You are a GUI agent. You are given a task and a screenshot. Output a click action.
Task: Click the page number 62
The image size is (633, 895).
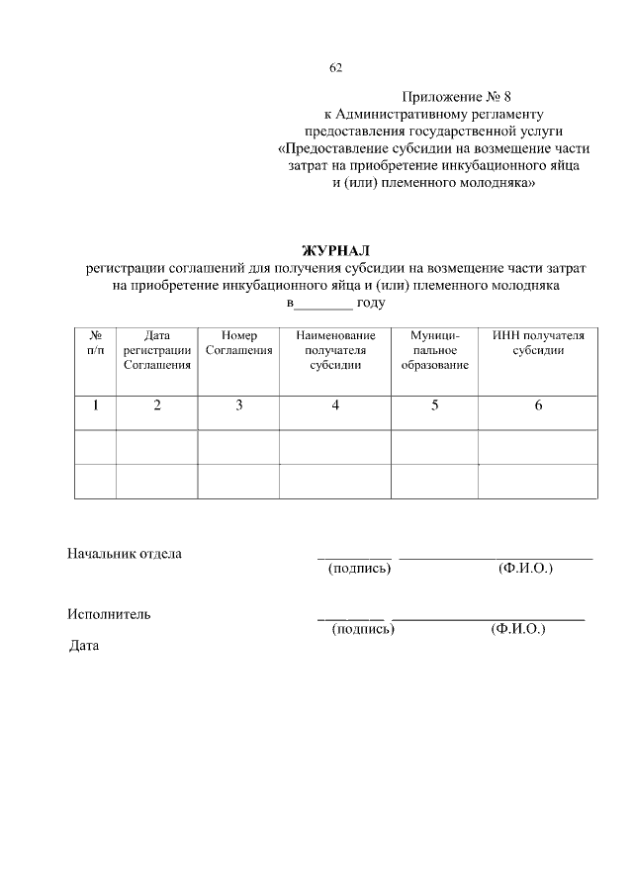335,68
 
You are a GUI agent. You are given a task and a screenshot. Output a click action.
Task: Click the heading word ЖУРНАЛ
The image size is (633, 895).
335,250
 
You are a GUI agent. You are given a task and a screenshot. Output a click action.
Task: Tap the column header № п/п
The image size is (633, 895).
95,343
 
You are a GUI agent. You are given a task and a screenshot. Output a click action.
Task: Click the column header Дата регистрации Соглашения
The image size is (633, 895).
156,350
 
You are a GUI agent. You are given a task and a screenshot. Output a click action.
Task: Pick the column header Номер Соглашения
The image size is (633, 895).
238,343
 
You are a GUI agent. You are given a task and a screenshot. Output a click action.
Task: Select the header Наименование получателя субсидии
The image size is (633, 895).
335,350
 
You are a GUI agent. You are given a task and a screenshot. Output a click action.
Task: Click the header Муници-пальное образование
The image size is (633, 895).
434,350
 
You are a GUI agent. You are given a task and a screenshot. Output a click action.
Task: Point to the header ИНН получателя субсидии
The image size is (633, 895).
538,343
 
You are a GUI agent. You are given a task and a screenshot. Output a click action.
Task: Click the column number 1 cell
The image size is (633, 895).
95,404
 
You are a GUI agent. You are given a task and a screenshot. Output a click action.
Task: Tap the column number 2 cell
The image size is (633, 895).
156,404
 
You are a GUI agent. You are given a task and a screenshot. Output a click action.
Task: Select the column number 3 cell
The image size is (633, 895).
238,404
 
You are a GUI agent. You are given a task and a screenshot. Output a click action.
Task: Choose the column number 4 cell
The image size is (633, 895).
335,404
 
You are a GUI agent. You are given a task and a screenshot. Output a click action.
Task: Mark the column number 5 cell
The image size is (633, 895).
434,404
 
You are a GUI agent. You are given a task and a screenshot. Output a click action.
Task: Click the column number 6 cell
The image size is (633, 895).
538,404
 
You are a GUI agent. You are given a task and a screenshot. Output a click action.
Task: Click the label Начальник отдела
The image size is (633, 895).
124,554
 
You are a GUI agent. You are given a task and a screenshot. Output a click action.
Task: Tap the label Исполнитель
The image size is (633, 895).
109,614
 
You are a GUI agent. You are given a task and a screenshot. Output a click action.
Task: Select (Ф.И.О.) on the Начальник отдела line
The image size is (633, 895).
526,569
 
